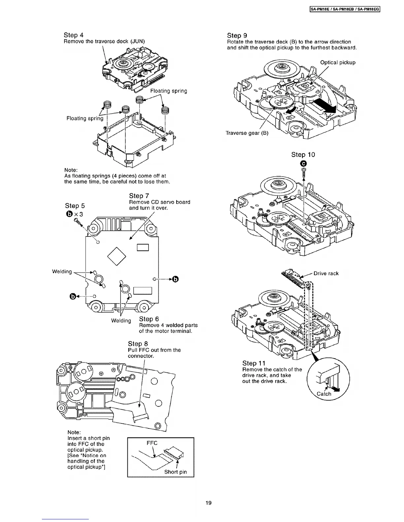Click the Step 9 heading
237,35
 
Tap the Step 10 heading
303,155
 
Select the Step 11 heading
253,363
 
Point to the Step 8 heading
138,344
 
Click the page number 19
208,503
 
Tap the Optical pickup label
338,62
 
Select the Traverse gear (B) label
247,133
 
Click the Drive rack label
326,273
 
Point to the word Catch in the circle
324,394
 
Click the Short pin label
176,472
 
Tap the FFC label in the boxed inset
152,443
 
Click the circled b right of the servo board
175,279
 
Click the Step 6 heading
149,319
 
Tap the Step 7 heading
139,196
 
